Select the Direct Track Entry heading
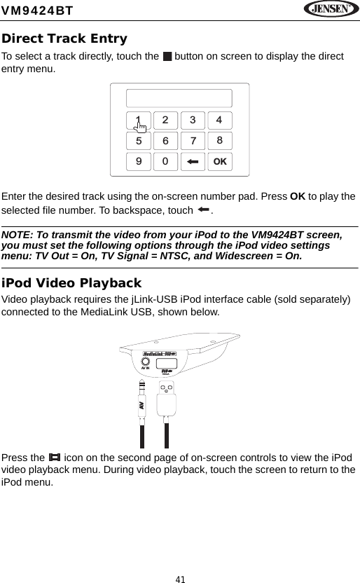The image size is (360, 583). tap(64, 39)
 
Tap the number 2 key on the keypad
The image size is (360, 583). tap(165, 120)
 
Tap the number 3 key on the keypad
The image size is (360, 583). tap(193, 120)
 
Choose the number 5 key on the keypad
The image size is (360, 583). tap(139, 141)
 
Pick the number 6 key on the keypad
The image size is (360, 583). tap(165, 141)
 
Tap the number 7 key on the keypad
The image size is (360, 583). tap(193, 141)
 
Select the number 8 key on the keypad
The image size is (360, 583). tap(219, 141)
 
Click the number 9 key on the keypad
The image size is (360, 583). tap(139, 162)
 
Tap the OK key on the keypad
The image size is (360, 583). tap(219, 162)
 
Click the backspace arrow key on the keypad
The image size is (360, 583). tap(193, 162)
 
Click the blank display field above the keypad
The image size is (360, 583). tap(179, 98)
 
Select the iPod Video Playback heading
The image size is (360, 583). tap(71, 283)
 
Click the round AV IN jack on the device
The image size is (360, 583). tap(147, 364)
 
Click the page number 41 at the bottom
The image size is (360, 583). tap(180, 579)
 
